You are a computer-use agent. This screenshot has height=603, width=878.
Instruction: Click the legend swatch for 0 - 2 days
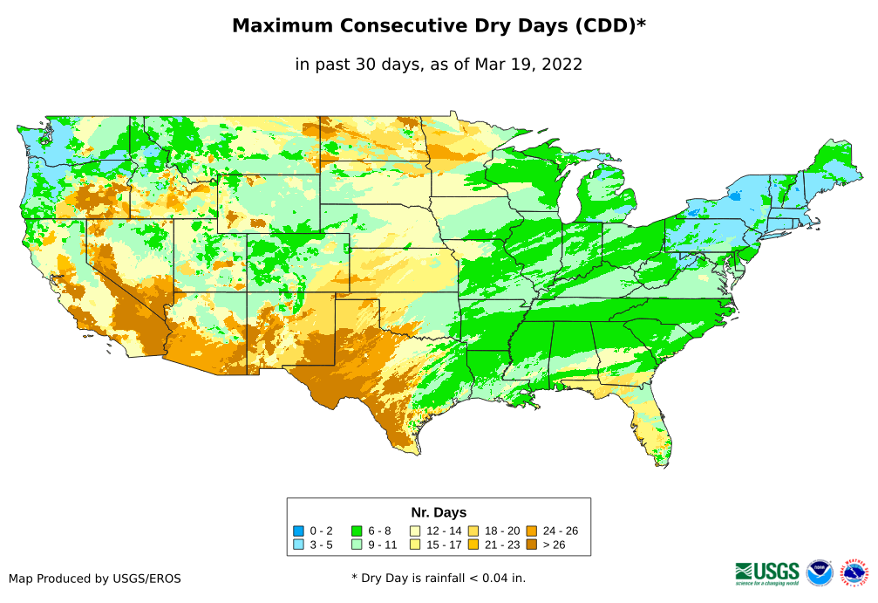(298, 531)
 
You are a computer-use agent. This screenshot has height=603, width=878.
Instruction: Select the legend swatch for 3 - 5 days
(298, 545)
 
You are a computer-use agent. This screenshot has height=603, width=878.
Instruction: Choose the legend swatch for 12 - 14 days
(415, 531)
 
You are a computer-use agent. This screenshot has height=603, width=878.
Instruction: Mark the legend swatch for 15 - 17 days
(415, 545)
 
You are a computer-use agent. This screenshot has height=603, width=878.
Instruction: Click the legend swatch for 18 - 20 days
(473, 531)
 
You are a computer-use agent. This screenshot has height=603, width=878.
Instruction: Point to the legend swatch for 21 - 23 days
(473, 545)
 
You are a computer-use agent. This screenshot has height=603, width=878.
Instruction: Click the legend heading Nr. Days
(439, 512)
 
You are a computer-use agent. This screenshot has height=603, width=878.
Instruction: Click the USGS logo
(767, 572)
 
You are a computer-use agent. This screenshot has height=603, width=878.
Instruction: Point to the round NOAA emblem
(820, 572)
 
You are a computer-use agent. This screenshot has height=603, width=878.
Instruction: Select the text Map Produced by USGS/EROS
(95, 578)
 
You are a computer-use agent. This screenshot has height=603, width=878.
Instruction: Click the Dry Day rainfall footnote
(439, 578)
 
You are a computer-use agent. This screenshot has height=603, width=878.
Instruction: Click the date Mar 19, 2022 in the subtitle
(528, 64)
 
